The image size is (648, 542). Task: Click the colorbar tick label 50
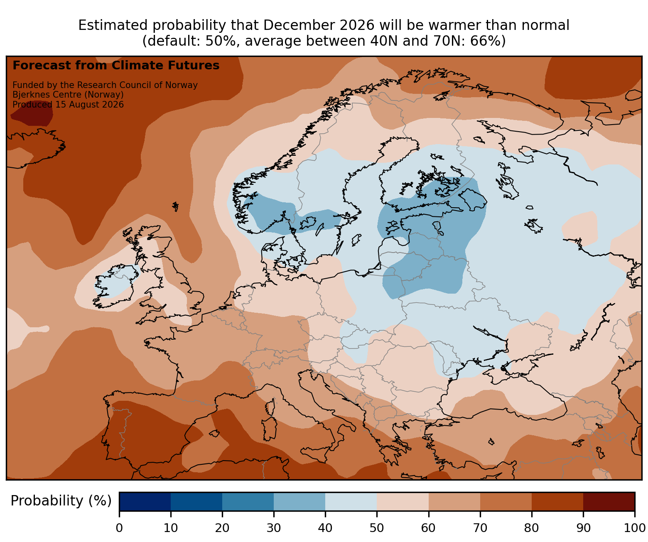click(x=376, y=528)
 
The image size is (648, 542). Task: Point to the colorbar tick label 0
click(x=119, y=528)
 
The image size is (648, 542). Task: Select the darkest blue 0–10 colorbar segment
click(x=145, y=501)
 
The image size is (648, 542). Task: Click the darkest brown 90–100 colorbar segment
click(x=609, y=501)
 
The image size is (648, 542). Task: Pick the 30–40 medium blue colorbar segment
click(x=299, y=501)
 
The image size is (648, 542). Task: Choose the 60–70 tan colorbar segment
click(x=454, y=501)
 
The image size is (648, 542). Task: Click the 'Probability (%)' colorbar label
click(x=61, y=501)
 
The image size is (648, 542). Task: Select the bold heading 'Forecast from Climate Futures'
click(x=116, y=66)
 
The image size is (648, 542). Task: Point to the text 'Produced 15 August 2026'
click(x=68, y=105)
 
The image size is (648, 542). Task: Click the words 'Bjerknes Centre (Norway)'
click(x=68, y=95)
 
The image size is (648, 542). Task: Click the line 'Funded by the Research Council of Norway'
click(x=105, y=85)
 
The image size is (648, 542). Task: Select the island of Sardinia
click(x=269, y=428)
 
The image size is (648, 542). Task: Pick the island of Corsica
click(x=270, y=407)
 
